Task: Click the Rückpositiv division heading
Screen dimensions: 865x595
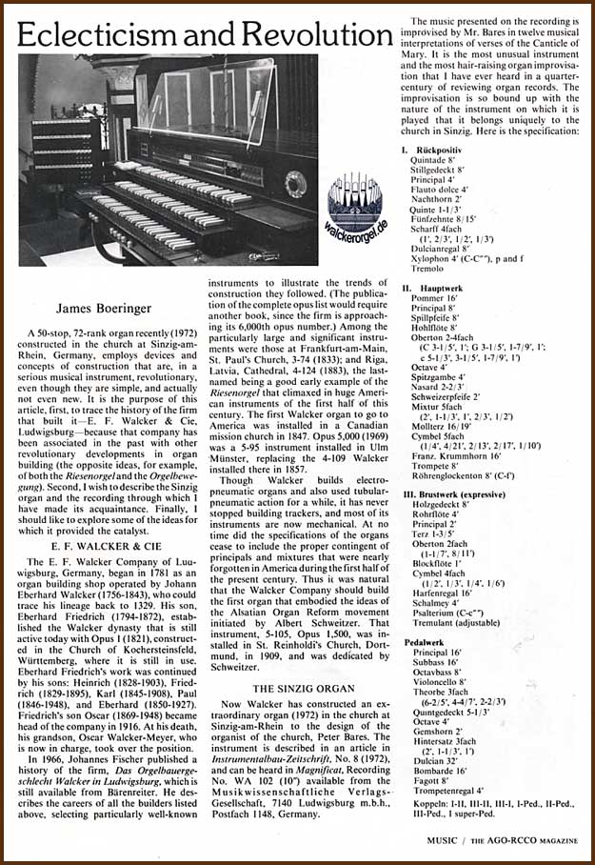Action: (x=439, y=151)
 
